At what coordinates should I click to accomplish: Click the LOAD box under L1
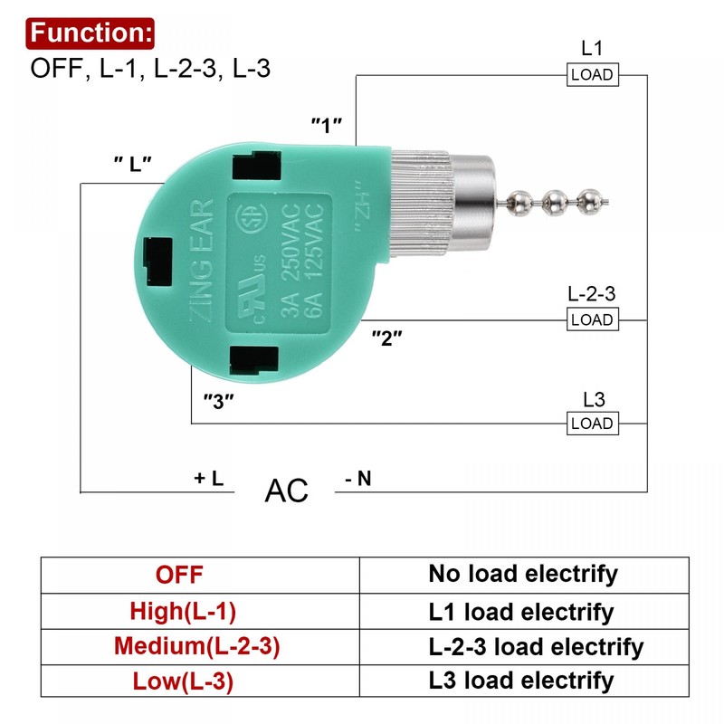click(592, 75)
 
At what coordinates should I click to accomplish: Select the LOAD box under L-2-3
click(592, 319)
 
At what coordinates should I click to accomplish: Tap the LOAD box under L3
click(592, 424)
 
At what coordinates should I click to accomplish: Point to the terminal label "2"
click(387, 338)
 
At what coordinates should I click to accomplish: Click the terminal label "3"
click(219, 399)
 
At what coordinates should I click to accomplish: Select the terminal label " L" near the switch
click(132, 164)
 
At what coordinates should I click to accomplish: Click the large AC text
click(287, 491)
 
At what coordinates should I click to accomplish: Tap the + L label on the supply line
click(208, 479)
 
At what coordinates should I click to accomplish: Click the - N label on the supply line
click(358, 480)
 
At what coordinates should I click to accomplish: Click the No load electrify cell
click(522, 573)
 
